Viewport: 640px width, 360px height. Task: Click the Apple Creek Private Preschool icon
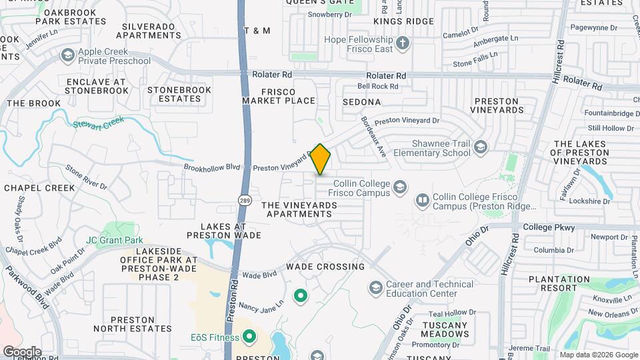[67, 55]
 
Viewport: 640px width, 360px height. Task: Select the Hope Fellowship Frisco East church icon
[402, 45]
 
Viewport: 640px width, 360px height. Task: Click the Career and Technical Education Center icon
[375, 288]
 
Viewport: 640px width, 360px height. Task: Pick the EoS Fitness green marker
[249, 337]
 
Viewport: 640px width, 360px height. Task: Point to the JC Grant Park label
[115, 240]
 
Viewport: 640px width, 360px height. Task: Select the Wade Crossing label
[325, 267]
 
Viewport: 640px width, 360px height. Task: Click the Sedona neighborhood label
[361, 102]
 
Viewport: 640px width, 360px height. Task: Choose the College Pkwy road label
[549, 227]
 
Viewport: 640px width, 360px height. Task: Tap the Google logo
[21, 352]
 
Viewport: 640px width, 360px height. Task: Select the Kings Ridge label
[403, 21]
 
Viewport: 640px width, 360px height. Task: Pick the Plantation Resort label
[559, 283]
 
